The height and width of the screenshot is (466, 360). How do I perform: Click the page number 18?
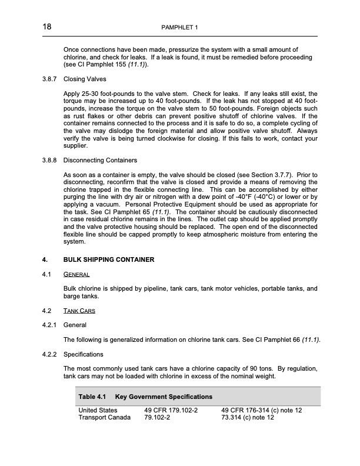click(47, 27)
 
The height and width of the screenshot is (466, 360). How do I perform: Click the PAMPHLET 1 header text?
click(180, 28)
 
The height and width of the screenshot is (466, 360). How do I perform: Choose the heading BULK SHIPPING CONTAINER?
click(109, 259)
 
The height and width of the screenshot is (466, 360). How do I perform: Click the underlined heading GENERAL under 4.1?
click(76, 274)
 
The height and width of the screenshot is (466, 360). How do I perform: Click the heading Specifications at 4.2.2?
click(83, 354)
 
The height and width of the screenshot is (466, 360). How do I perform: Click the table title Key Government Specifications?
click(164, 397)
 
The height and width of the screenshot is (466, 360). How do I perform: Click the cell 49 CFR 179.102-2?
click(171, 410)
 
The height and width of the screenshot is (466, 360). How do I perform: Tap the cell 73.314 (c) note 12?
click(248, 418)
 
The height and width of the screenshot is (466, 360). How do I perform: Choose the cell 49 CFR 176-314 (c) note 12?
click(261, 410)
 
